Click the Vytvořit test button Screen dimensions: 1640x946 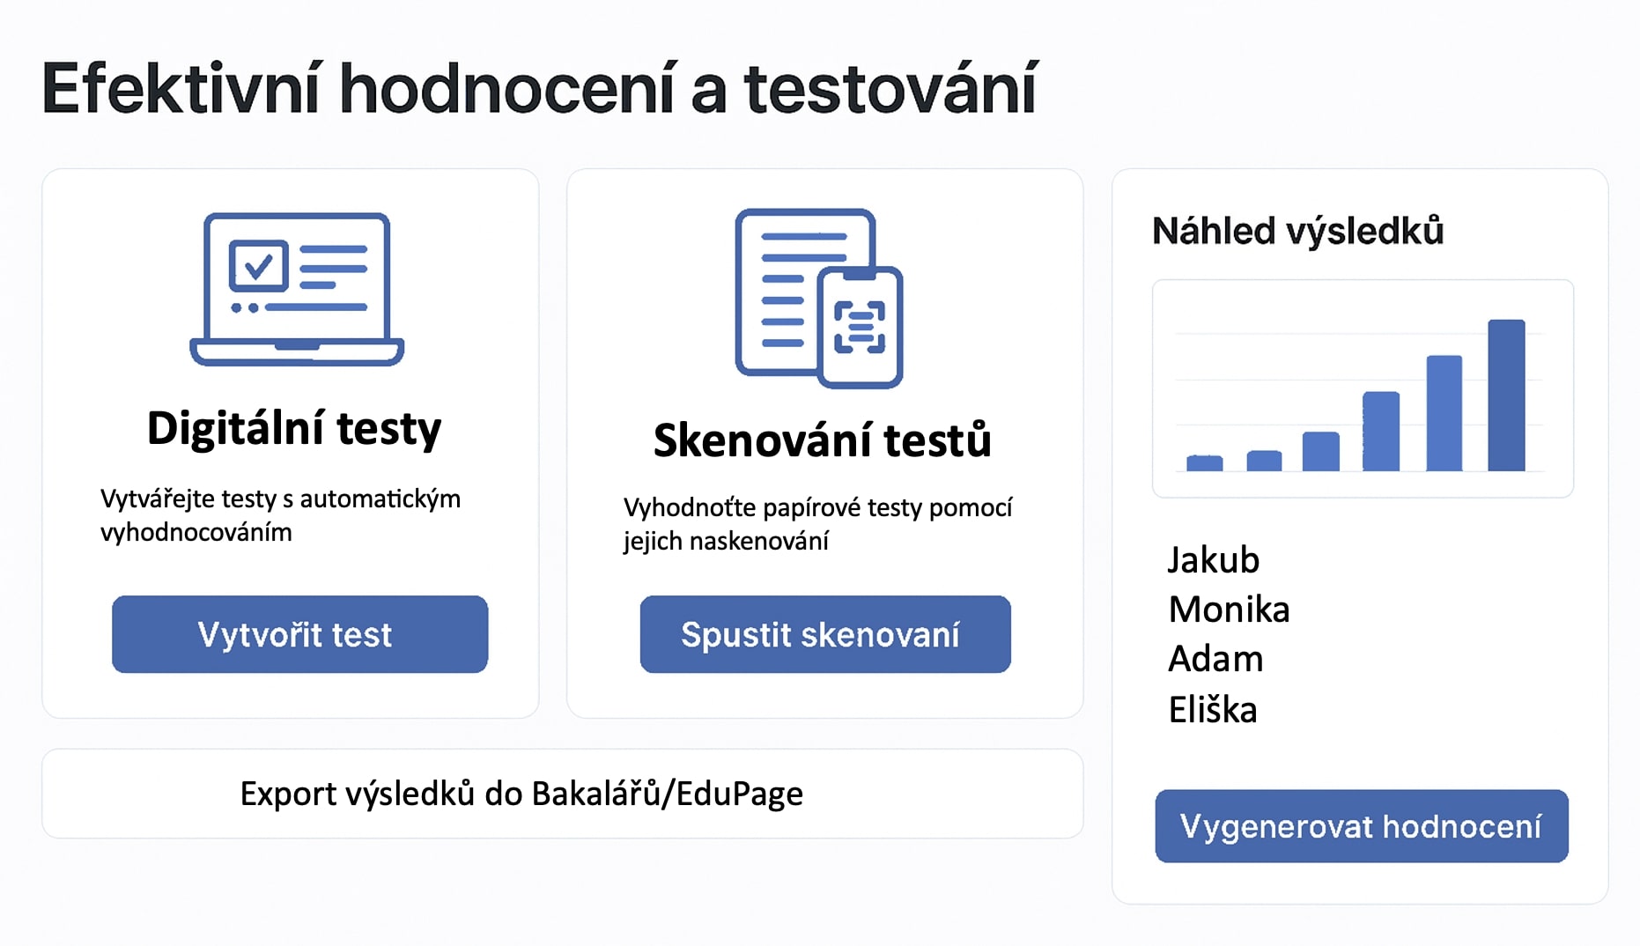[x=299, y=634]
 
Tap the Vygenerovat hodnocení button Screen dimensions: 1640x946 [x=1362, y=826]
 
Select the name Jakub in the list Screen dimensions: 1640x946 [x=1214, y=560]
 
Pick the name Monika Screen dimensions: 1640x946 [x=1229, y=610]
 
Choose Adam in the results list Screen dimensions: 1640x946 [x=1215, y=659]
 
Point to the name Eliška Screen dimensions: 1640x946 [x=1213, y=709]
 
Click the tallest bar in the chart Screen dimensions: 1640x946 [x=1506, y=395]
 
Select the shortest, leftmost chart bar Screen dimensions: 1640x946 [x=1204, y=463]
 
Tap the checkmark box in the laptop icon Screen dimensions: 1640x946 [x=258, y=265]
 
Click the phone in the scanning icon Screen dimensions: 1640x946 [x=861, y=328]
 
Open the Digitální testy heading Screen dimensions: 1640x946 [x=294, y=429]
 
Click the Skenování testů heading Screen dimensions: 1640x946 [x=823, y=440]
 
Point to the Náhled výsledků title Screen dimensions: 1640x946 [x=1298, y=231]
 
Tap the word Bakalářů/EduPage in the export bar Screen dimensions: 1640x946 [x=668, y=794]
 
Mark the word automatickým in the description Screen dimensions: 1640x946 [x=380, y=499]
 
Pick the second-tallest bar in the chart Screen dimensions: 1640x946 [x=1444, y=413]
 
